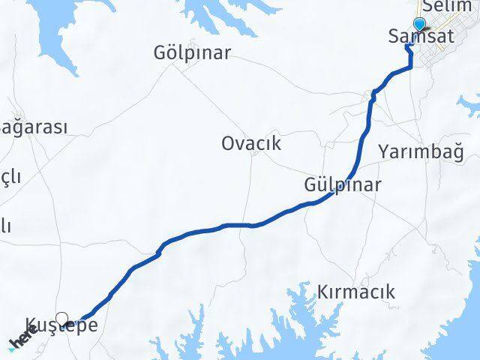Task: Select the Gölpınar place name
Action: [191, 53]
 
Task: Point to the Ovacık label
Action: [251, 143]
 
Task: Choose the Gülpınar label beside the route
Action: [343, 184]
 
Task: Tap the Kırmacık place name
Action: [355, 292]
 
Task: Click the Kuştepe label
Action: [61, 325]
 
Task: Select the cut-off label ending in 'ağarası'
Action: [34, 127]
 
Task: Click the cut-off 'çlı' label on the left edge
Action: [10, 178]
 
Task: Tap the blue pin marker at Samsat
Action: [418, 24]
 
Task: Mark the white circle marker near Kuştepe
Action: [62, 318]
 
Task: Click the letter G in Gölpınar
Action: [159, 53]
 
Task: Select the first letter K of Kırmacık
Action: [323, 292]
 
